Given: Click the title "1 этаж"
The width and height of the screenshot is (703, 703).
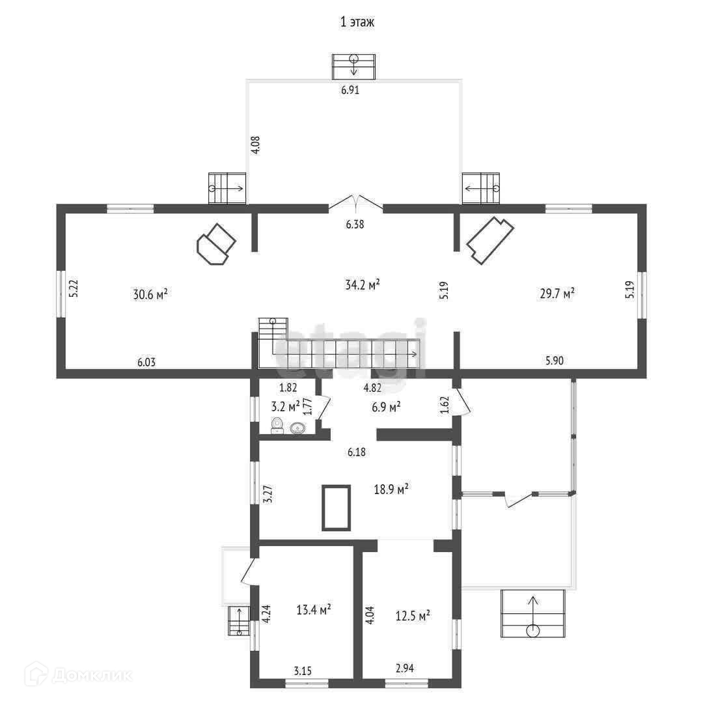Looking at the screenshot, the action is pyautogui.click(x=357, y=22).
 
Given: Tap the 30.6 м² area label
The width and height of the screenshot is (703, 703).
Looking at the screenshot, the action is pyautogui.click(x=150, y=295).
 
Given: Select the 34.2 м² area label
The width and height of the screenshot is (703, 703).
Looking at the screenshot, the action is pyautogui.click(x=362, y=284).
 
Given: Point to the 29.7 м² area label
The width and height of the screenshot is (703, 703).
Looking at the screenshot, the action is pyautogui.click(x=557, y=294).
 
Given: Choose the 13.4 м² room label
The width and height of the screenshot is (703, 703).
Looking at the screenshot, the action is pyautogui.click(x=314, y=609).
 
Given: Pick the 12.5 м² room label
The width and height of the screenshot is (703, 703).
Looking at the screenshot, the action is pyautogui.click(x=413, y=615).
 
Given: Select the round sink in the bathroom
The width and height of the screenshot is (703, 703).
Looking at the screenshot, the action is pyautogui.click(x=298, y=428).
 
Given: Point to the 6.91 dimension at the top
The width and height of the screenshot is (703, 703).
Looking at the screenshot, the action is pyautogui.click(x=350, y=91).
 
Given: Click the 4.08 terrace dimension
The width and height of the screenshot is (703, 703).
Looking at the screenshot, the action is pyautogui.click(x=256, y=143).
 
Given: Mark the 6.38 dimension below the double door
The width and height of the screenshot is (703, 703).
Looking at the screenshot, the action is pyautogui.click(x=355, y=224).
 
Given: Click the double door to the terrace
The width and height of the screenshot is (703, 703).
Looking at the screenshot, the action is pyautogui.click(x=355, y=202).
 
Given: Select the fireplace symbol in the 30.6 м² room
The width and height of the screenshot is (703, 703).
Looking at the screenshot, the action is pyautogui.click(x=215, y=244).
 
